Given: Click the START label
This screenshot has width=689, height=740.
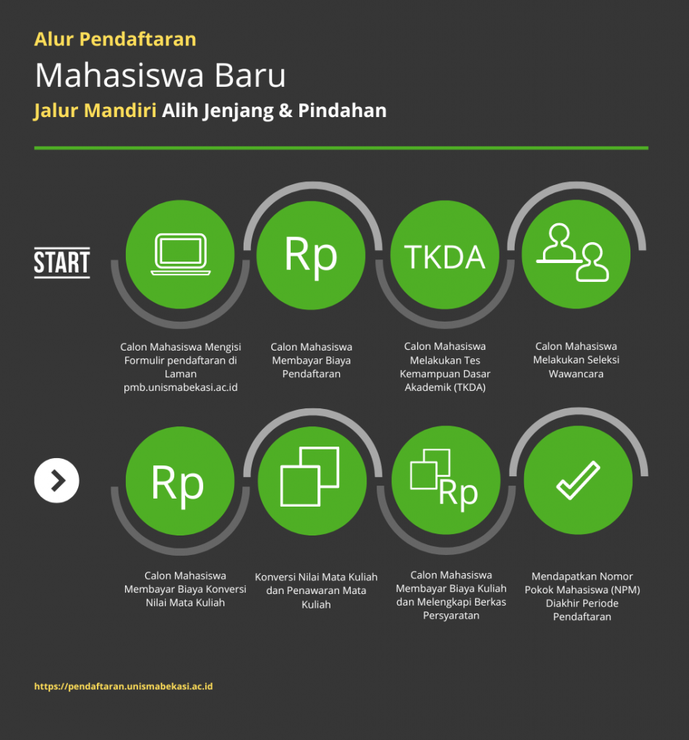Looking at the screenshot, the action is [x=62, y=262].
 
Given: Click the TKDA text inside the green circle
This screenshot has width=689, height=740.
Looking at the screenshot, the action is [x=445, y=257].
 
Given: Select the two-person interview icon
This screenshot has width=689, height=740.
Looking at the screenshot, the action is [x=573, y=252].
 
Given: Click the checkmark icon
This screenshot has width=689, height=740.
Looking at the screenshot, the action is [x=578, y=480].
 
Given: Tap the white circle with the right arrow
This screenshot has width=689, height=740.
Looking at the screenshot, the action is [x=56, y=481].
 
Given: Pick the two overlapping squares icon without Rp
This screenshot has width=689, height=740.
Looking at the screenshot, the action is [x=309, y=476].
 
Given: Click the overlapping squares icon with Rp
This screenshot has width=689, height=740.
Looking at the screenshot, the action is [x=444, y=480].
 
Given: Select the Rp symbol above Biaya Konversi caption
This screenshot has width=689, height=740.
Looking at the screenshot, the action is [x=177, y=483].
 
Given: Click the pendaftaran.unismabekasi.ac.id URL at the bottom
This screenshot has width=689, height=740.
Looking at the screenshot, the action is [x=123, y=687].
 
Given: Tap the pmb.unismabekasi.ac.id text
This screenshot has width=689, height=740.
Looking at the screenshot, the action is [x=181, y=387].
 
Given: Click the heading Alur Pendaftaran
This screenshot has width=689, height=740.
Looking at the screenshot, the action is [x=115, y=39].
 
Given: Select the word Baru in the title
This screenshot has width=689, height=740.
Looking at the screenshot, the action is [x=250, y=75].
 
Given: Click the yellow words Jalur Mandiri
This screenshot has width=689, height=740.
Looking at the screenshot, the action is [x=95, y=111].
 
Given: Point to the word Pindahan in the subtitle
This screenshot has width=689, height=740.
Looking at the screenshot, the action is [x=343, y=111].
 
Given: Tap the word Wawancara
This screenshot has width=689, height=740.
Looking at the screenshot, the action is [x=576, y=374].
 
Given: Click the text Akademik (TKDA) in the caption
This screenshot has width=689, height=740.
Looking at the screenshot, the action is [x=445, y=387].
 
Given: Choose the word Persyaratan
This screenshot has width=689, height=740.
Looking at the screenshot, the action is [x=451, y=616].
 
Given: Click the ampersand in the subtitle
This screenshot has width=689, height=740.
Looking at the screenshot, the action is [x=286, y=111].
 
